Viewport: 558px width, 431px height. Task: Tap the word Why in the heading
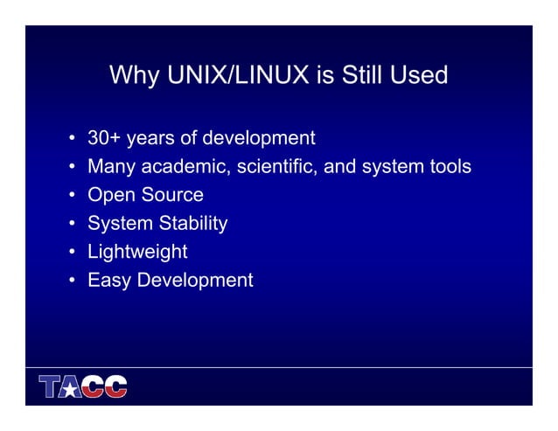point(134,76)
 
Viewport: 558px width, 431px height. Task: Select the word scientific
point(278,166)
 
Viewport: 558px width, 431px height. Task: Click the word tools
point(446,166)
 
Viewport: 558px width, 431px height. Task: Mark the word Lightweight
point(137,253)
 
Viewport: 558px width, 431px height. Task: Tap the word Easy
point(109,281)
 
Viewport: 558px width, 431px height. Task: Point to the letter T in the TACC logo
point(50,386)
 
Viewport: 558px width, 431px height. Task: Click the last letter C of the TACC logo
point(115,386)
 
